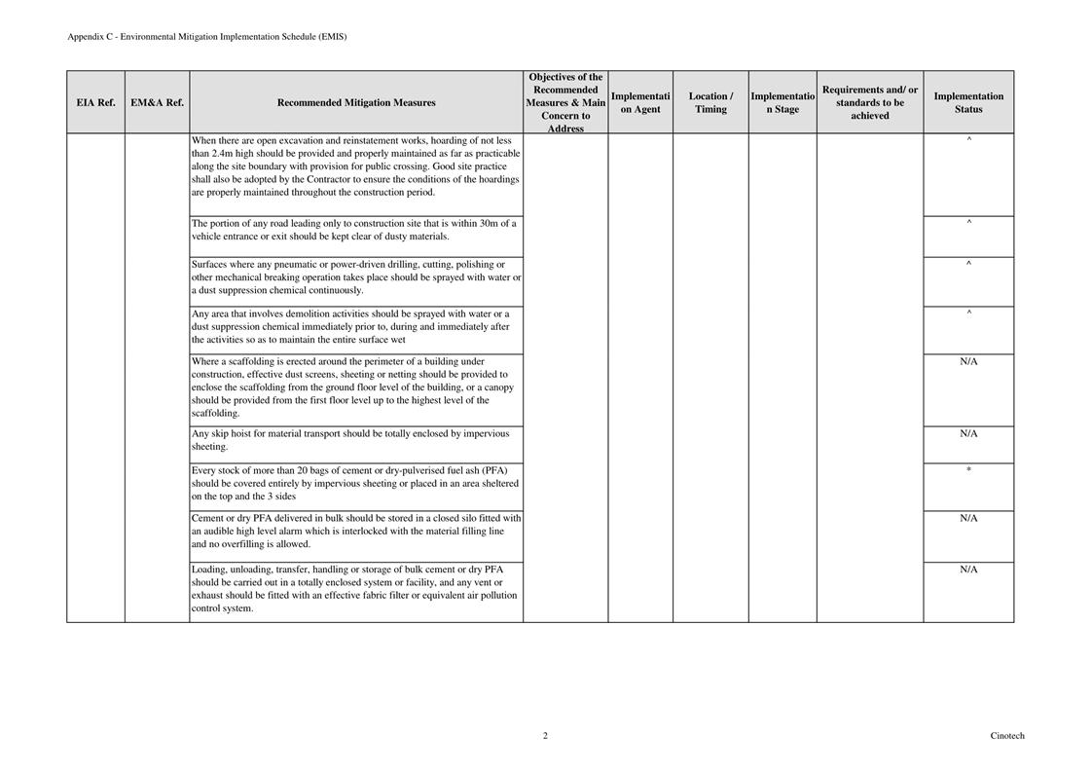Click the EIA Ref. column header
[x=95, y=102]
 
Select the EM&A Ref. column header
[x=157, y=102]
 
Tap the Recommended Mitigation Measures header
[x=356, y=102]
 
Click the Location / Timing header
[x=710, y=102]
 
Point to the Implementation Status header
[x=968, y=102]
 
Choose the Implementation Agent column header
[x=640, y=102]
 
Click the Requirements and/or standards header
[x=870, y=102]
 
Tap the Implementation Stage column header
[x=783, y=102]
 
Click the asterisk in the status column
[x=968, y=471]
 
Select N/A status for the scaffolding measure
[x=968, y=361]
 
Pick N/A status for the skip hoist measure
[x=968, y=433]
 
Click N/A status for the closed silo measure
[x=968, y=518]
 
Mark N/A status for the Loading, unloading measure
[x=968, y=570]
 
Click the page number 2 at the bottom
[x=545, y=736]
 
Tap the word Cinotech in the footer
[x=1007, y=736]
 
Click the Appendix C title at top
[x=206, y=37]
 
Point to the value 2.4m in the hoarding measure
[x=224, y=154]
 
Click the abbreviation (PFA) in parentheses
[x=494, y=470]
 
